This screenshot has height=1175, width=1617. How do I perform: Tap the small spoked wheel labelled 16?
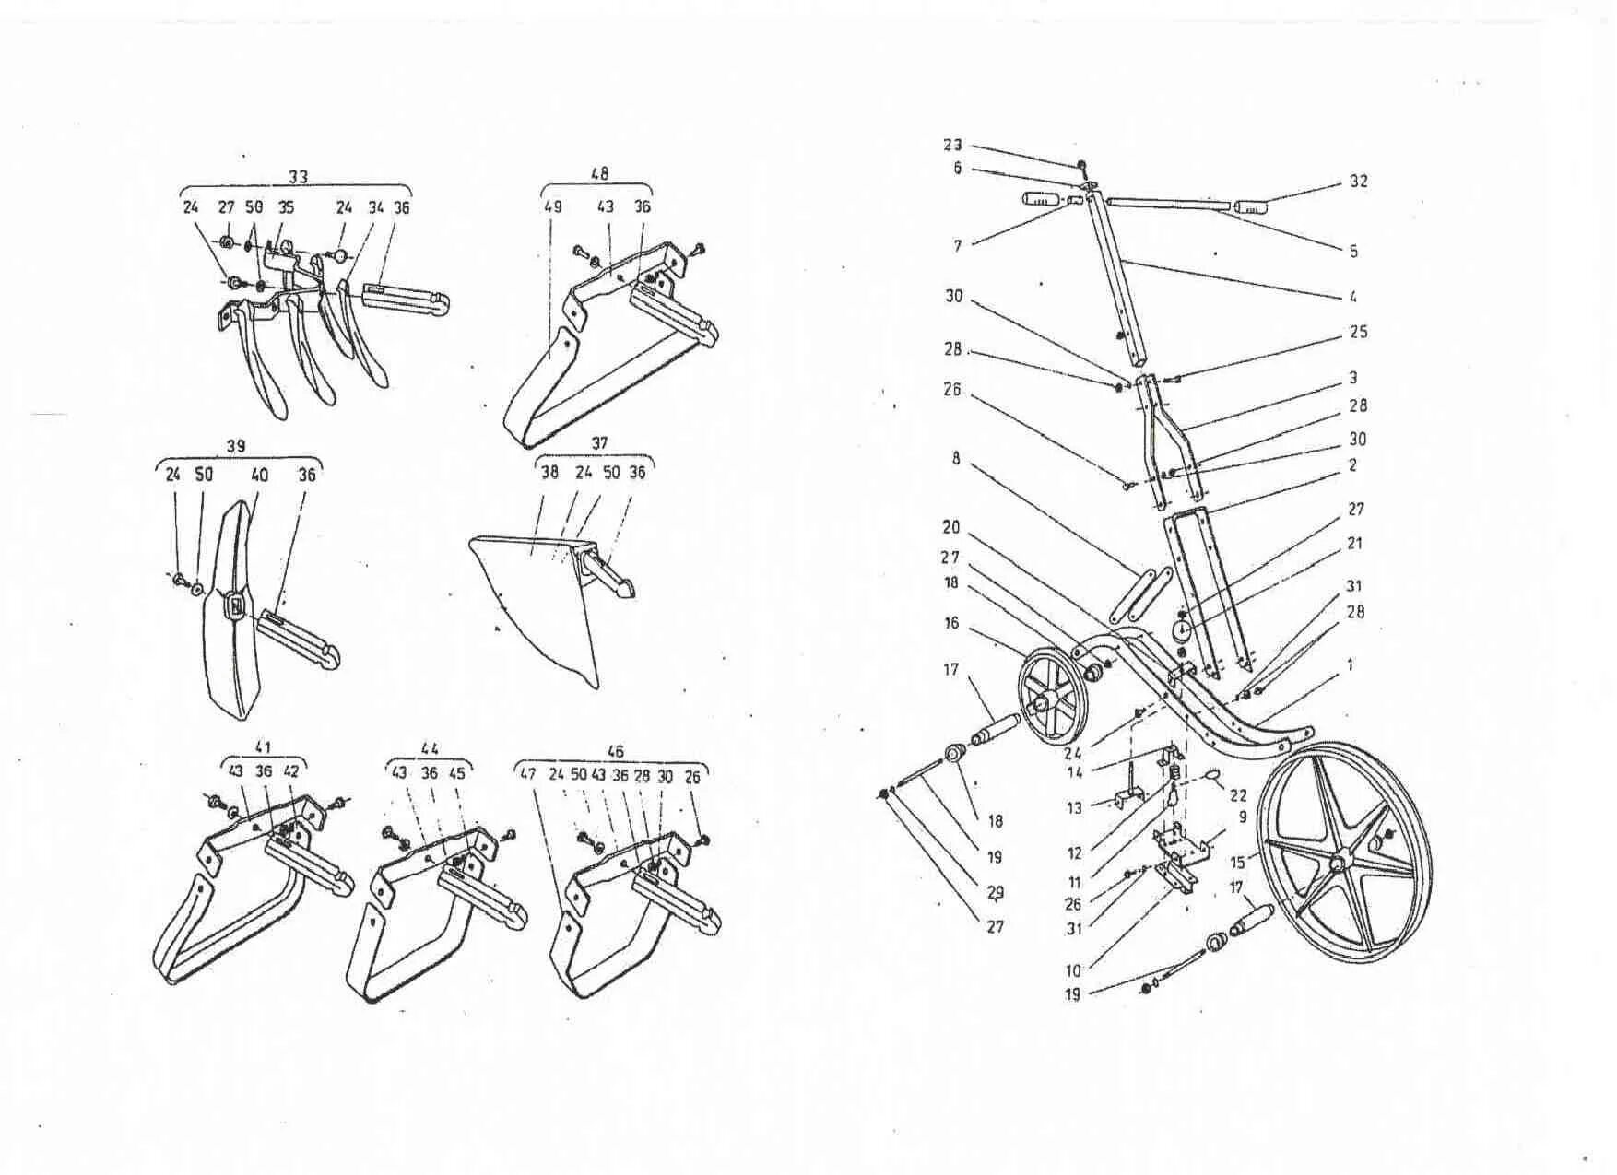[x=1053, y=694]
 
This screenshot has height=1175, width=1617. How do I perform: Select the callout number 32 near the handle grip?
[x=1358, y=182]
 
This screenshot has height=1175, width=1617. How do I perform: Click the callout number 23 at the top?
[x=952, y=145]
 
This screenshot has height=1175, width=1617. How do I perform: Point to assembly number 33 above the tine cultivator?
[x=298, y=176]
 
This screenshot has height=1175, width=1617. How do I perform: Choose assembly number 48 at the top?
[x=598, y=173]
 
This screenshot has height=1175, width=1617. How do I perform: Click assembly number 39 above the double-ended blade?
[x=236, y=446]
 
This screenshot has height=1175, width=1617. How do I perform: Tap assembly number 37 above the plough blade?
[x=599, y=443]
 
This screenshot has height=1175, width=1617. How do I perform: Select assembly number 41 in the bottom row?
[x=263, y=747]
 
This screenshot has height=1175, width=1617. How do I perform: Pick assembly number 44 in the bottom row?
[x=430, y=748]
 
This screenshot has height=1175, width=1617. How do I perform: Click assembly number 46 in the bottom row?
[x=615, y=752]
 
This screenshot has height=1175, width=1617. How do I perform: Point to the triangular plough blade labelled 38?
[x=535, y=599]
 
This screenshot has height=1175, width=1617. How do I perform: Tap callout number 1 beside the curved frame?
[x=1350, y=664]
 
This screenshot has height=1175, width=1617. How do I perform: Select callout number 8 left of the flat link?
[x=956, y=458]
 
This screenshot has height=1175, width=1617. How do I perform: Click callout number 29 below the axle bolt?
[x=996, y=892]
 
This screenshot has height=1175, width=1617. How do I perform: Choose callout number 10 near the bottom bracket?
[x=1073, y=969]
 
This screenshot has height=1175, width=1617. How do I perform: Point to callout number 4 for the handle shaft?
[x=1352, y=297]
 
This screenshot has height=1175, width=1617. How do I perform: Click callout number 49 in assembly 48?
[x=552, y=207]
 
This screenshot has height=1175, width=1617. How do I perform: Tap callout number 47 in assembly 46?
[x=527, y=775]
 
